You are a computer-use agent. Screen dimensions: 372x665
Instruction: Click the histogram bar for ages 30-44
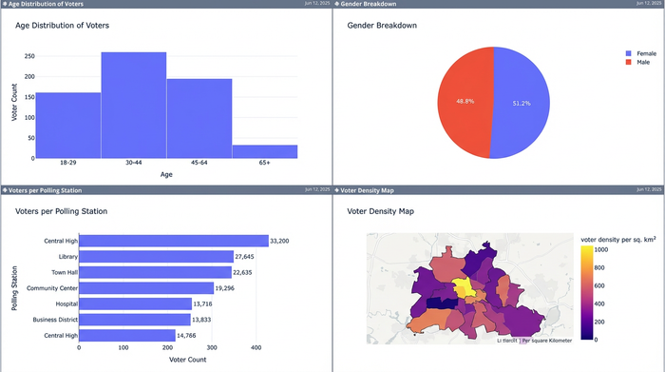[x=134, y=105]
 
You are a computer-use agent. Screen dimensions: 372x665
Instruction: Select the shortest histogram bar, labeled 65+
[x=264, y=151]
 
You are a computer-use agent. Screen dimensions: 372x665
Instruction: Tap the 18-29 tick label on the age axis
[x=67, y=164]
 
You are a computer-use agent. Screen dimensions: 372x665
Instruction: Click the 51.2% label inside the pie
[x=522, y=103]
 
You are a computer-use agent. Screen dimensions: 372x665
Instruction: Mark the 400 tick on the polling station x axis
[x=256, y=348]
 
